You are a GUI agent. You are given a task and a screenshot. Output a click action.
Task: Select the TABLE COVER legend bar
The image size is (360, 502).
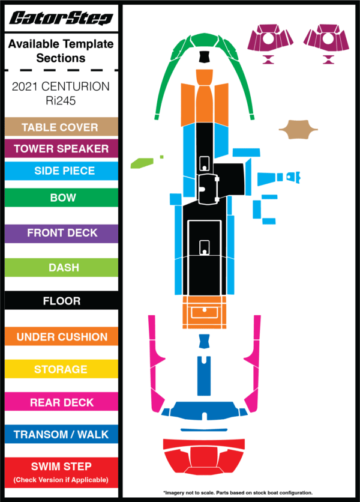[61, 127]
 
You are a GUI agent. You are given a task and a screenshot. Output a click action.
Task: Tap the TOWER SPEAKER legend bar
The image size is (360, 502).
[61, 149]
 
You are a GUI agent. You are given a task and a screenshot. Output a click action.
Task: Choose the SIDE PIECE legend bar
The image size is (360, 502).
[61, 171]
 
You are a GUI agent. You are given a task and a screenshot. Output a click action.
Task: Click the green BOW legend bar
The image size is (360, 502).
[61, 198]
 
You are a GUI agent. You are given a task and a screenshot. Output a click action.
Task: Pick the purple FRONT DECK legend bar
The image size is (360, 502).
[61, 233]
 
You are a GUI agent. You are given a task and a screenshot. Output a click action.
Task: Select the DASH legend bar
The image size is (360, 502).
[61, 267]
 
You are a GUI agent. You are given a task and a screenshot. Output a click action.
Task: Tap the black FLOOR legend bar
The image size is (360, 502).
[61, 301]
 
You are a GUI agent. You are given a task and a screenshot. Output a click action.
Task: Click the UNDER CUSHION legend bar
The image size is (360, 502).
[61, 337]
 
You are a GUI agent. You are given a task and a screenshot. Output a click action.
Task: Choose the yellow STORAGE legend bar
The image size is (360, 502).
[61, 369]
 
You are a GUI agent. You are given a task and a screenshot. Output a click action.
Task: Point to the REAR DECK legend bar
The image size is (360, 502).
[61, 402]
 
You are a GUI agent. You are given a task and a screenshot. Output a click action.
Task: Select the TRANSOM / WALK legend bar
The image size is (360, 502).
[61, 434]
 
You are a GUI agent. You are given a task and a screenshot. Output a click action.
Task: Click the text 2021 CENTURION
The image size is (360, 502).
[61, 86]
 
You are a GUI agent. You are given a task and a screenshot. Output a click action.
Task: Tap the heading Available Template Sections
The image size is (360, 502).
[61, 51]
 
